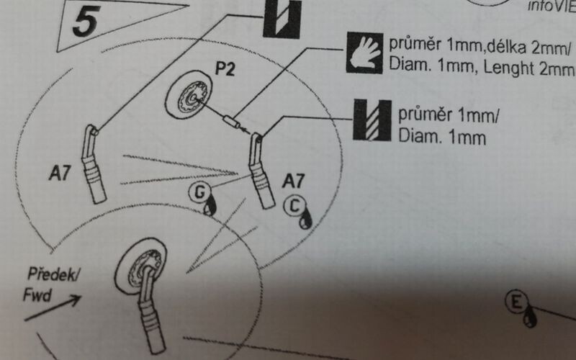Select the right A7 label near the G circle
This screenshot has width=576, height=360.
pos(295,179)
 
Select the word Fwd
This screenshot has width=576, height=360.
pos(35,294)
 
